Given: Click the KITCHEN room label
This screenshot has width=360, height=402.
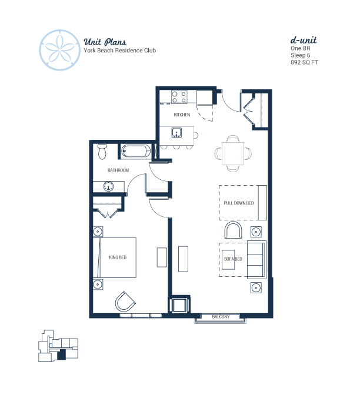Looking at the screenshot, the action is tap(182, 115).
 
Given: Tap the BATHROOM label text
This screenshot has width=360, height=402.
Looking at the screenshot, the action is tap(118, 170).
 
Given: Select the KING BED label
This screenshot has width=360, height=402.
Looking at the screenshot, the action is tap(118, 257).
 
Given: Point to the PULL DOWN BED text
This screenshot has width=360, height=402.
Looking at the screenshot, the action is tap(239, 203).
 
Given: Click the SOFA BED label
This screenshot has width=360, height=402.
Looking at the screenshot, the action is tap(233, 259).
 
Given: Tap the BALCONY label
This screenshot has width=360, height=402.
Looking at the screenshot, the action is tap(221, 317).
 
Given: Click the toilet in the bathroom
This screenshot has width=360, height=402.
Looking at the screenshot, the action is tap(102, 151).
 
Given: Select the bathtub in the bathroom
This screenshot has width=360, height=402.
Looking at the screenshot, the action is tap(136, 150).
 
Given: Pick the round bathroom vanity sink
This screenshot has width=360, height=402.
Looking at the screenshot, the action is tap(109, 186).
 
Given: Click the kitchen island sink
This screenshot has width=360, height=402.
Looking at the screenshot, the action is tap(176, 133).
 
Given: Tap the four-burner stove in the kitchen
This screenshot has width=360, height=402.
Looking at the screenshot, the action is tap(179, 97).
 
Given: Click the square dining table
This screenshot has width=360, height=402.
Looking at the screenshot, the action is tap(233, 153).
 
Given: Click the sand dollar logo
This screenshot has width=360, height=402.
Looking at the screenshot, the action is tap(59, 50).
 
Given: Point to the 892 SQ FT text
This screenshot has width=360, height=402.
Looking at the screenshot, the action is tap(304, 62).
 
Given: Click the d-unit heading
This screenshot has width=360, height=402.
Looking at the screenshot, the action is tap(304, 40).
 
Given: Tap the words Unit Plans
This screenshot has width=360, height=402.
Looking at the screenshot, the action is tap(105, 42).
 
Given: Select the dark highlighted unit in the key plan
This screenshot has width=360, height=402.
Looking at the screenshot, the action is tap(62, 355).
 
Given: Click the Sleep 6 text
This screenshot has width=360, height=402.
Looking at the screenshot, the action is tap(300, 55).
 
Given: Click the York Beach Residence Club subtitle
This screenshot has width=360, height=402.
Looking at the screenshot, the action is tap(120, 51).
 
